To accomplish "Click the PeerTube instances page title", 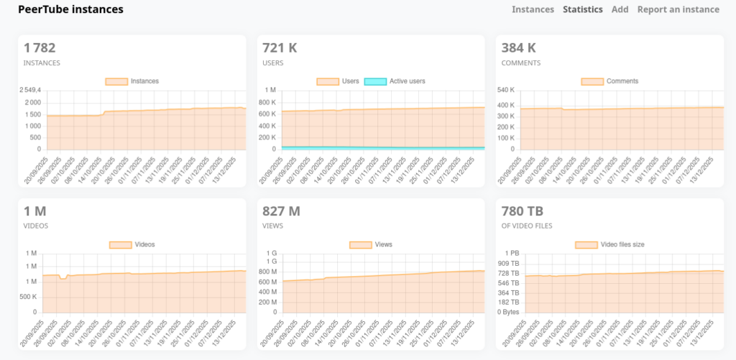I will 70,9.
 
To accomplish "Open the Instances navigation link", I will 533,9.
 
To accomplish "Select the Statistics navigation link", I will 582,9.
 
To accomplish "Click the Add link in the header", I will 620,9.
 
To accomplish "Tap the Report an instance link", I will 678,9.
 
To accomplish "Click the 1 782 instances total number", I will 40,48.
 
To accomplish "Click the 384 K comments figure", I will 516,48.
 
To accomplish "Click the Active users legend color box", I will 374,81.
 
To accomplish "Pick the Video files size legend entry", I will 610,244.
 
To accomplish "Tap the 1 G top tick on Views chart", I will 272,254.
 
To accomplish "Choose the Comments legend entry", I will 610,81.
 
